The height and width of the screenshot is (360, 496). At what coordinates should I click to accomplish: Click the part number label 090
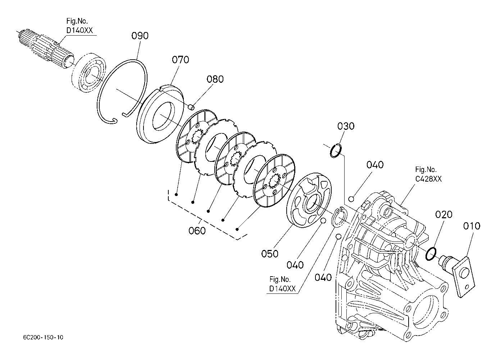[x=140, y=36]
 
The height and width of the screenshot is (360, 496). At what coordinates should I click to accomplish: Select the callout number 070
[x=181, y=60]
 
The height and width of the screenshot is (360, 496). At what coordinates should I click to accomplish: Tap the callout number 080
[x=215, y=79]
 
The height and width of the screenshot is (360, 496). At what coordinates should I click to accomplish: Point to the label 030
[x=346, y=126]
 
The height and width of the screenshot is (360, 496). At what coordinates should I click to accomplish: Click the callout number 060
[x=197, y=231]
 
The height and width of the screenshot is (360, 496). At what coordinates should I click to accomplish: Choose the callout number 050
[x=270, y=254]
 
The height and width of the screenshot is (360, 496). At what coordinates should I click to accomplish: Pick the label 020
[x=444, y=214]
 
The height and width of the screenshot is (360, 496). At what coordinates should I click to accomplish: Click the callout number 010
[x=472, y=226]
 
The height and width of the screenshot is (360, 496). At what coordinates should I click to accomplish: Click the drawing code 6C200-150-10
[x=43, y=337]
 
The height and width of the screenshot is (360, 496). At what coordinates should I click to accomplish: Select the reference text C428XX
[x=428, y=179]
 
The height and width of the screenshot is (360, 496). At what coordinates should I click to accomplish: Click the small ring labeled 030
[x=336, y=151]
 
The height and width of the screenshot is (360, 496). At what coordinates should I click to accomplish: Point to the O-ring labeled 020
[x=431, y=254]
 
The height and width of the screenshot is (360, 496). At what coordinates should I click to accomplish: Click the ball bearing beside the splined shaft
[x=88, y=72]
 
